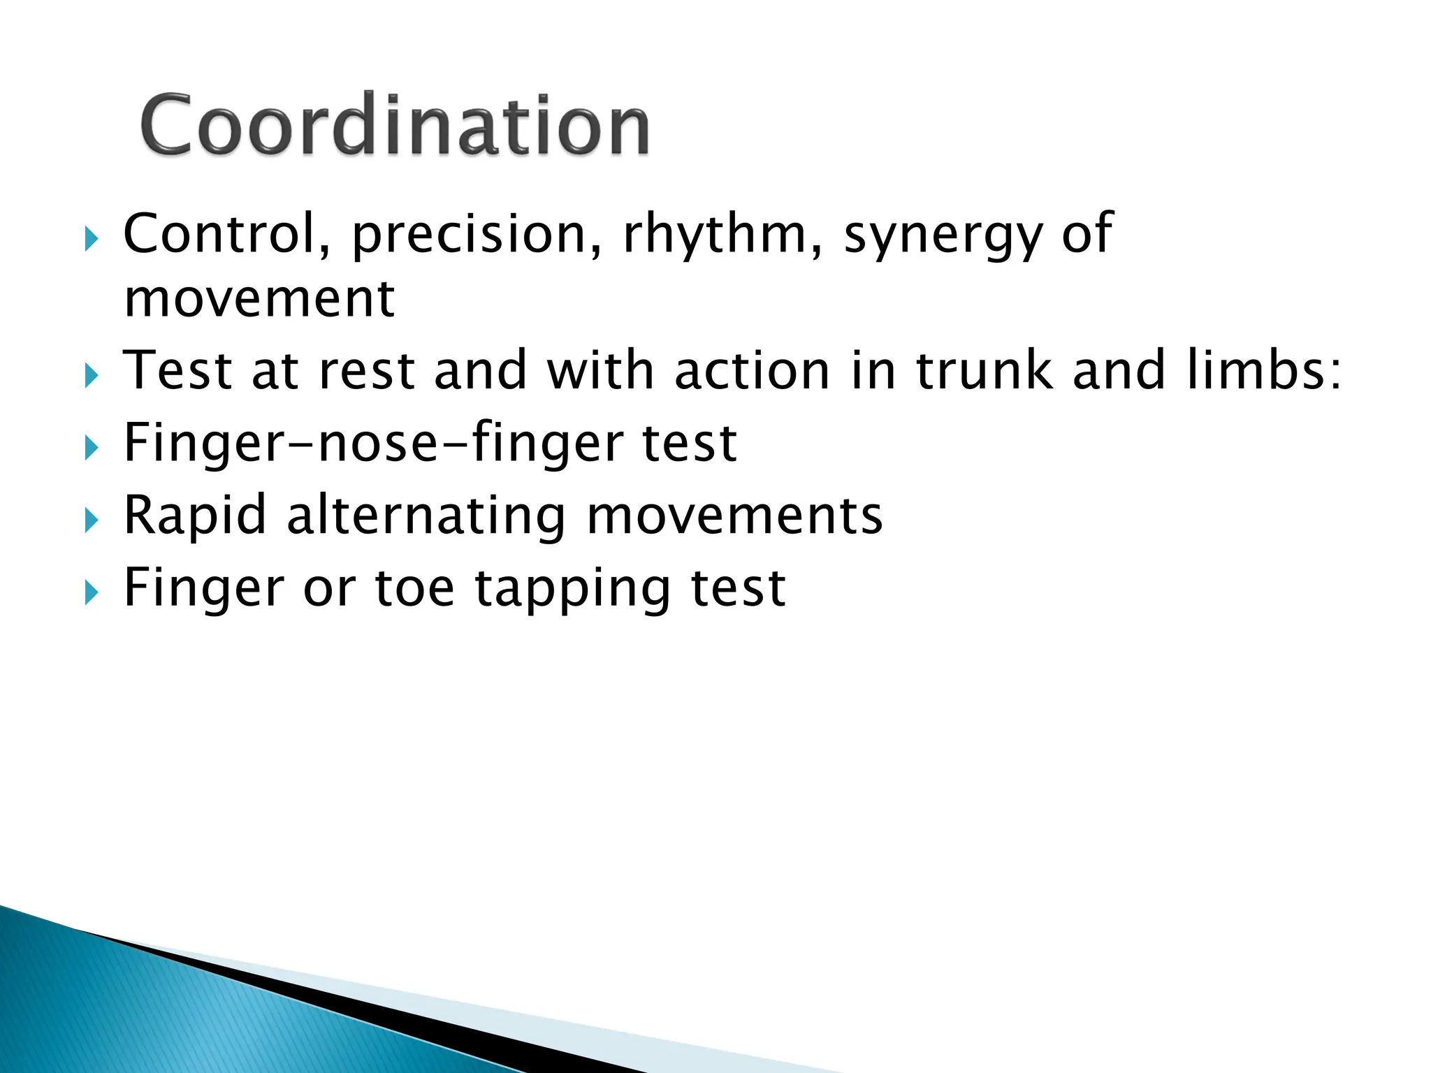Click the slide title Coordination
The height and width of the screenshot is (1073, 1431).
pyautogui.click(x=395, y=126)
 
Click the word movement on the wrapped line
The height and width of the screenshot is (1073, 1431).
pyautogui.click(x=259, y=298)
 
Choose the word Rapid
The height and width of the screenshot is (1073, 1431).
pyautogui.click(x=195, y=516)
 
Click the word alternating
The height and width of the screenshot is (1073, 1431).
pyautogui.click(x=426, y=516)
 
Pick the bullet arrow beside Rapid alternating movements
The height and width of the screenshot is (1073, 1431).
pyautogui.click(x=92, y=520)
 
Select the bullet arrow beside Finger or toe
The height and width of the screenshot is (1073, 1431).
pyautogui.click(x=92, y=593)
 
